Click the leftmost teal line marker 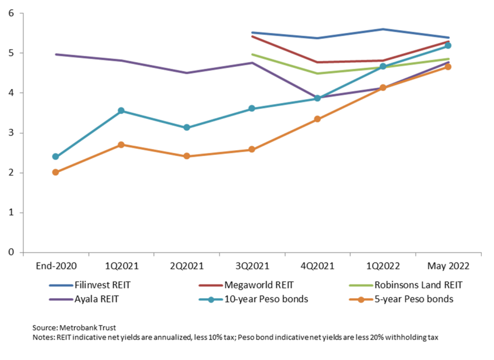click(x=55, y=156)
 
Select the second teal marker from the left click(x=121, y=111)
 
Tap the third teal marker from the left click(x=187, y=127)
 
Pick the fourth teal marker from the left click(x=252, y=108)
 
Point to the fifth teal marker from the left click(x=317, y=98)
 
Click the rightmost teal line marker click(x=448, y=46)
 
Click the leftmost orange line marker click(x=55, y=172)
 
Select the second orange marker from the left click(x=121, y=144)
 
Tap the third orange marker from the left click(x=187, y=156)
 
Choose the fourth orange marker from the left click(x=252, y=150)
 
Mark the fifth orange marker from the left click(x=317, y=119)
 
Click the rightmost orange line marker click(x=448, y=67)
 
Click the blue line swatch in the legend click(x=61, y=285)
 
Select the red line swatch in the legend click(x=211, y=285)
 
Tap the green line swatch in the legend click(x=361, y=285)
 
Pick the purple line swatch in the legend click(x=61, y=300)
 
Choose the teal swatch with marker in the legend click(x=211, y=300)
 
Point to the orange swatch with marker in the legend click(x=361, y=300)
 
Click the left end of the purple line click(x=56, y=54)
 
